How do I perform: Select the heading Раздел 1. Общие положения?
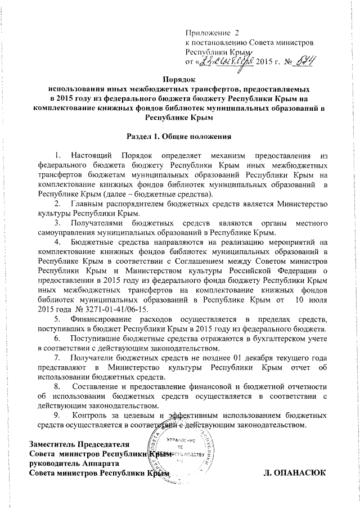(x=180, y=135)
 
